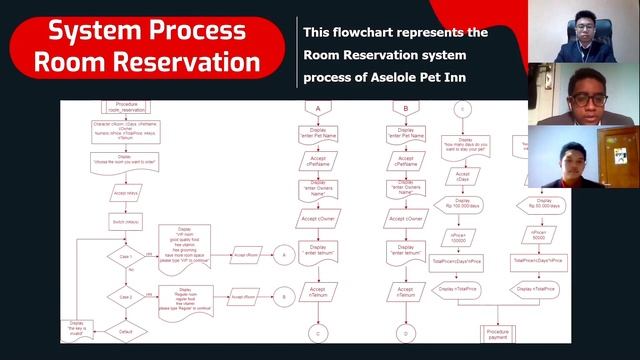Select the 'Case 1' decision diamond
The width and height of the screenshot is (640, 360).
pyautogui.click(x=126, y=256)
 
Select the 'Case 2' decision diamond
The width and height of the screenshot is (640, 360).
pyautogui.click(x=126, y=297)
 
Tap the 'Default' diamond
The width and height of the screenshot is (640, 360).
pyautogui.click(x=126, y=331)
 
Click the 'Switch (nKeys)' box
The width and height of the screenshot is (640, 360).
pyautogui.click(x=126, y=221)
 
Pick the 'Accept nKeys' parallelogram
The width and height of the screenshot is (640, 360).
pyautogui.click(x=126, y=193)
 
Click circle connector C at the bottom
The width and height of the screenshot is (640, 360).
pyautogui.click(x=318, y=332)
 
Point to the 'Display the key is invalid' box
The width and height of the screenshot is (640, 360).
pyautogui.click(x=77, y=328)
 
